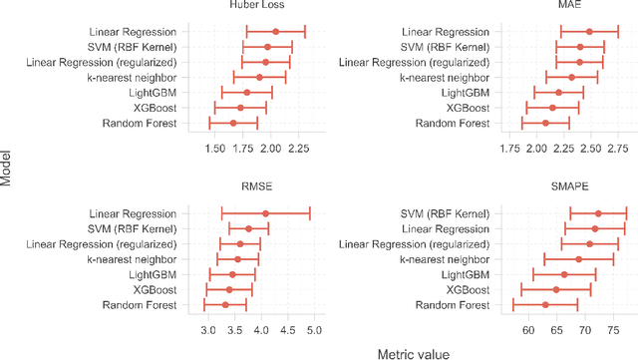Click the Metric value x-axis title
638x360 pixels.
[413, 352]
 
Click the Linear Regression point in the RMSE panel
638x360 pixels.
[265, 213]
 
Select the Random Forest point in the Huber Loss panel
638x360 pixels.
[233, 123]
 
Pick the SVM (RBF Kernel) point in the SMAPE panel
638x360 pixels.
[598, 213]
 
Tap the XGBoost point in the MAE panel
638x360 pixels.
[552, 108]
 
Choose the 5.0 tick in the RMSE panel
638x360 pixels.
[313, 328]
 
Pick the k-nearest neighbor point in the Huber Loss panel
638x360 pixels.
[259, 77]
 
